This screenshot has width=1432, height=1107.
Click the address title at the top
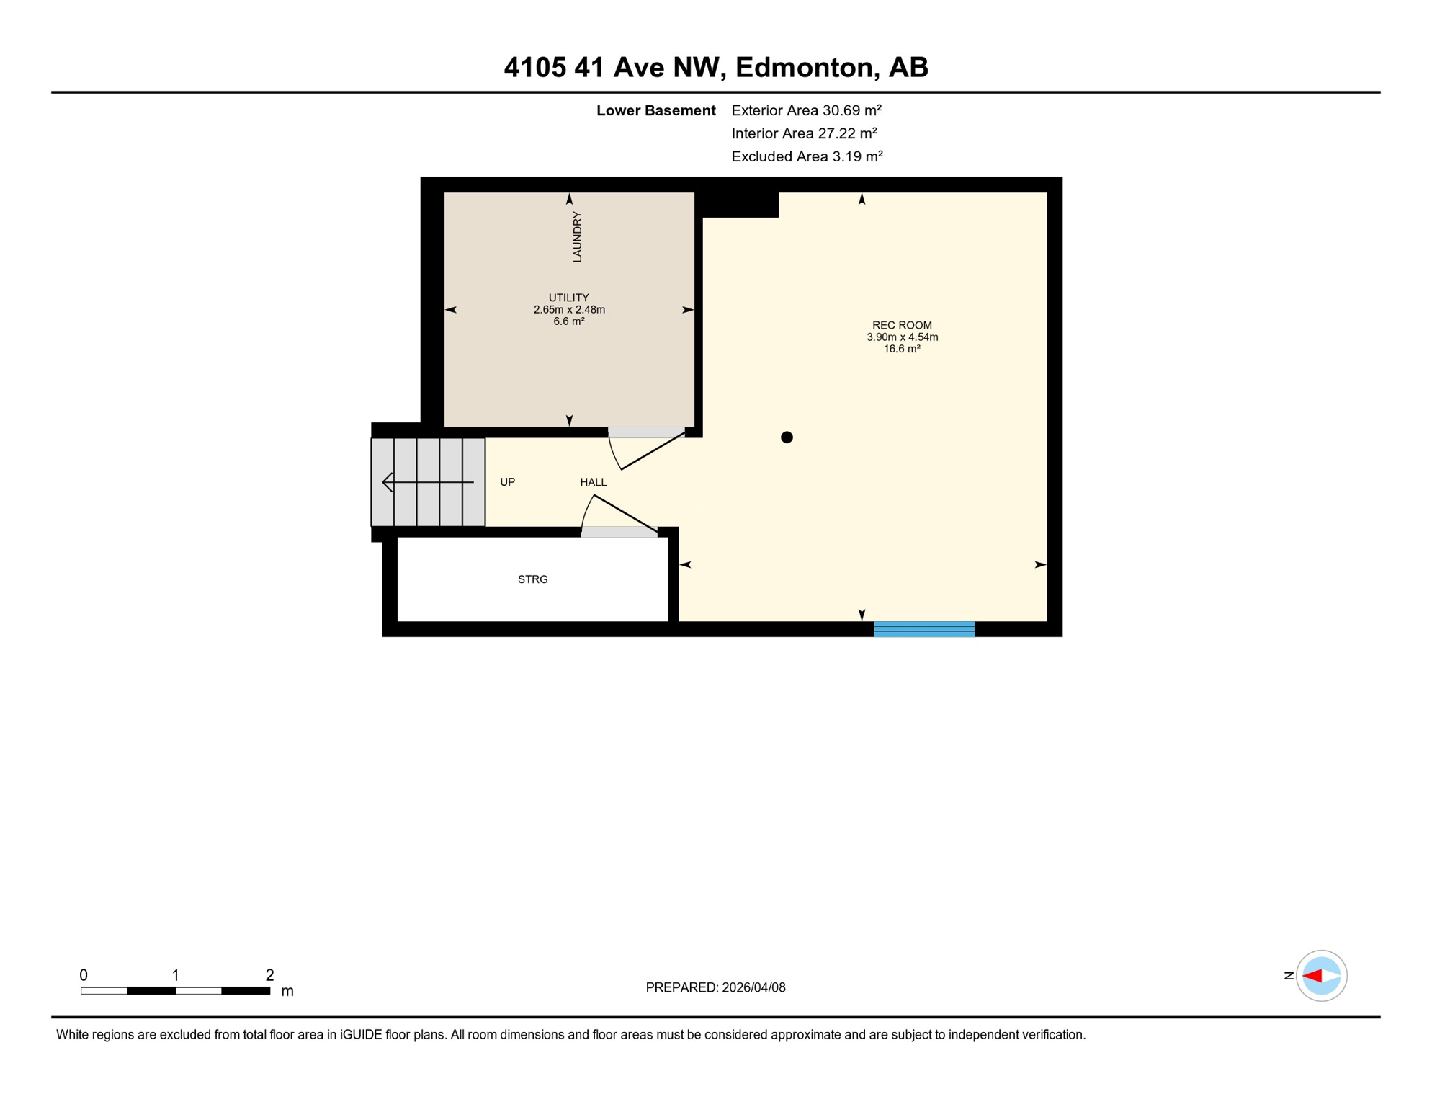(715, 67)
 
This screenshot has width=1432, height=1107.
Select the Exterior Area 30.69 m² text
(806, 110)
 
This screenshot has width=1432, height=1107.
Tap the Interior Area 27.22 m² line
(804, 133)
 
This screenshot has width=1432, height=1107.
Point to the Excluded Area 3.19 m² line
(807, 156)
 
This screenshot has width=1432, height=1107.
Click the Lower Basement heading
(655, 110)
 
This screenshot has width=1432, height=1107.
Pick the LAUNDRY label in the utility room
(577, 236)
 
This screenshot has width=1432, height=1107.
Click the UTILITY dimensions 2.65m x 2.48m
(569, 310)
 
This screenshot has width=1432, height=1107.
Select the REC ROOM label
(902, 325)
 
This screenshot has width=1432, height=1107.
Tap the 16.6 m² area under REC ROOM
(902, 349)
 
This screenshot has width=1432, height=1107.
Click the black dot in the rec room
(787, 437)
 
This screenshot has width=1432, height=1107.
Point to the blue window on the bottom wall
(924, 629)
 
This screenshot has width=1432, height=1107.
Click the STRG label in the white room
(533, 579)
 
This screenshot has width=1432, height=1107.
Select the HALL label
(594, 482)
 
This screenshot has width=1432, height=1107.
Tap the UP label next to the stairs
(508, 482)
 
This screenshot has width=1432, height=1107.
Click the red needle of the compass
(1312, 976)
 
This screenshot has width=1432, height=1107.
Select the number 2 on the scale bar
(269, 975)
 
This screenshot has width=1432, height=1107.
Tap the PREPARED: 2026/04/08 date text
(715, 987)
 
